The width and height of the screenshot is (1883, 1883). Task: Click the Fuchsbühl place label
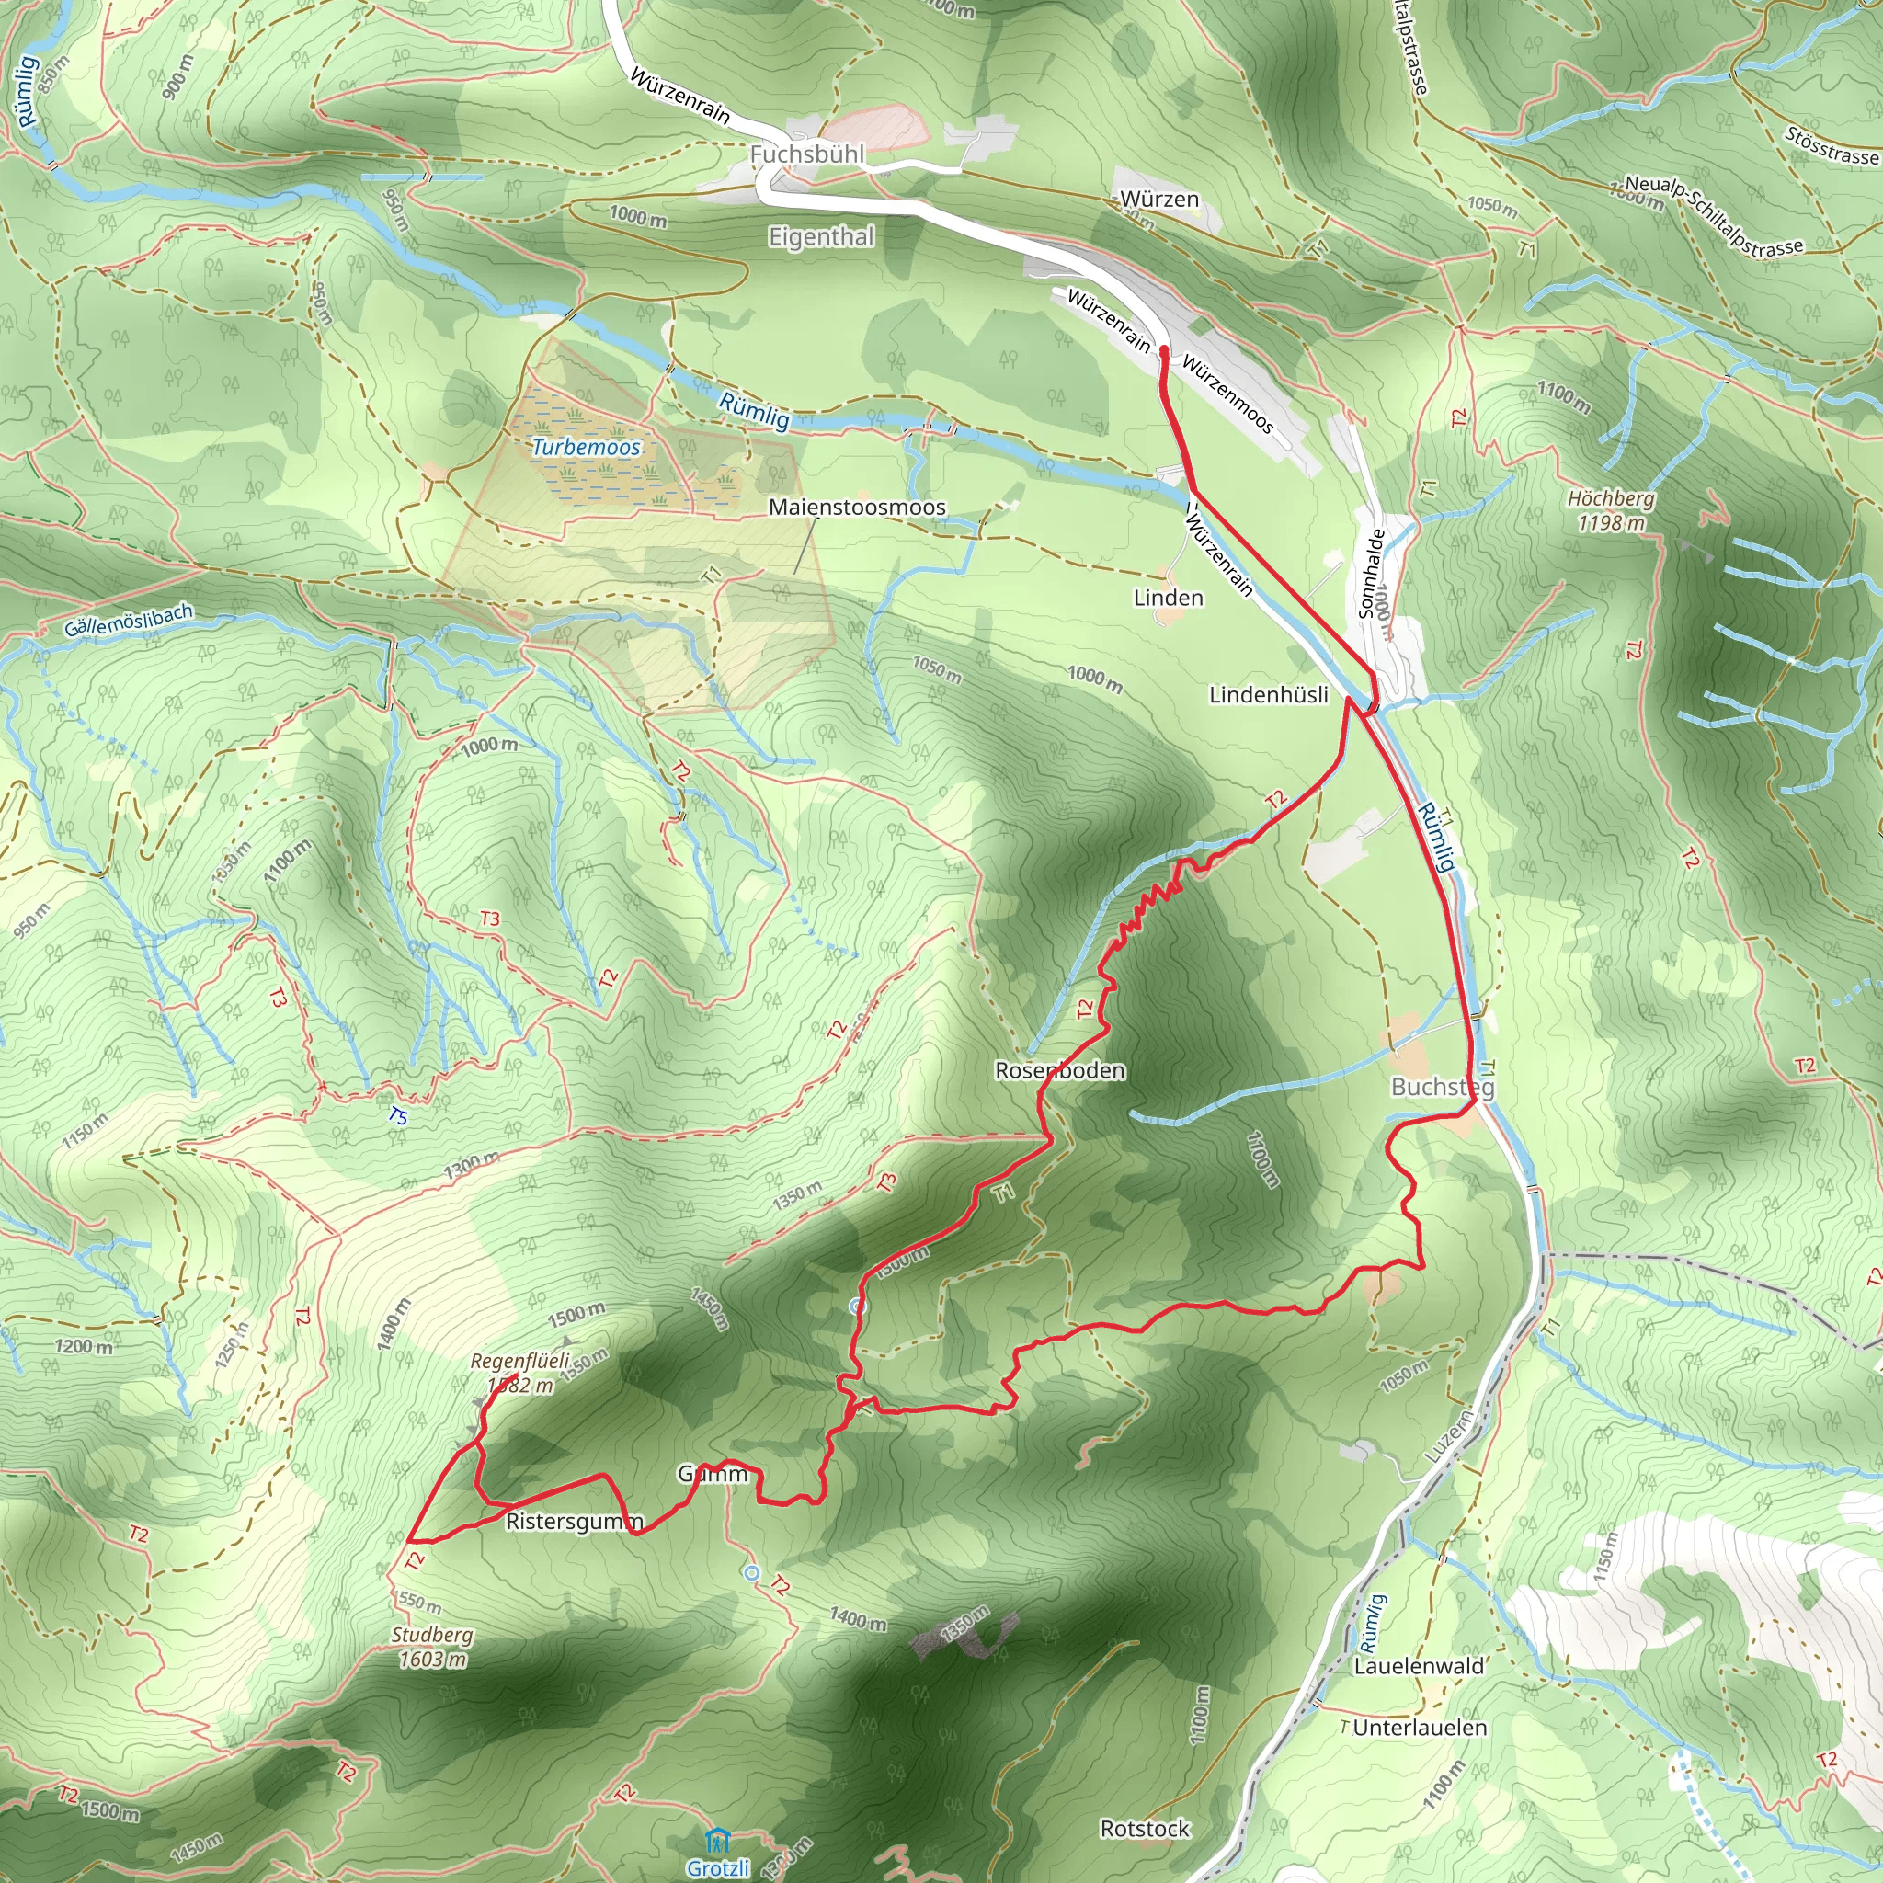(807, 154)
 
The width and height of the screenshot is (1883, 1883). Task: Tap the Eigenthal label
(822, 237)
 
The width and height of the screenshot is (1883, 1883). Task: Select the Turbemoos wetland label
(586, 448)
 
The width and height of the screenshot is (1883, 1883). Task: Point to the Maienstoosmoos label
(857, 507)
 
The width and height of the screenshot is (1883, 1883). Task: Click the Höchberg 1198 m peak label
(1611, 510)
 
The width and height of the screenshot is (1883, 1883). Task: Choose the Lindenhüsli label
(1268, 695)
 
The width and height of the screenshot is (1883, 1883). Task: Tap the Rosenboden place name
(1059, 1070)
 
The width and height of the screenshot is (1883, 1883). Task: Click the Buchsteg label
(1442, 1087)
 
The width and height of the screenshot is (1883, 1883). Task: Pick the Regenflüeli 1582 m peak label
(520, 1373)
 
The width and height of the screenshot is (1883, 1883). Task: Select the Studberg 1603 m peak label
(432, 1647)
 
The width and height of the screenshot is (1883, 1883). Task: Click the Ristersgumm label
(574, 1522)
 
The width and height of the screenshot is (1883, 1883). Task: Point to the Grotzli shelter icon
(718, 1839)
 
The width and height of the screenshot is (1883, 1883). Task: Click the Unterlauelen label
(1420, 1727)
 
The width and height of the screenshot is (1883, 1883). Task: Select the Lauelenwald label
(1418, 1666)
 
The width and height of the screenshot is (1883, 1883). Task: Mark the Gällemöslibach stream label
(129, 621)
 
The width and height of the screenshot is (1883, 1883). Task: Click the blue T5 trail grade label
(397, 1116)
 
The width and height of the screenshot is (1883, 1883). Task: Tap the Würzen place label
(1158, 199)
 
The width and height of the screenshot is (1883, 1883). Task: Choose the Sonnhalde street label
(1371, 574)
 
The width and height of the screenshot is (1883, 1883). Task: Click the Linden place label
(1168, 598)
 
